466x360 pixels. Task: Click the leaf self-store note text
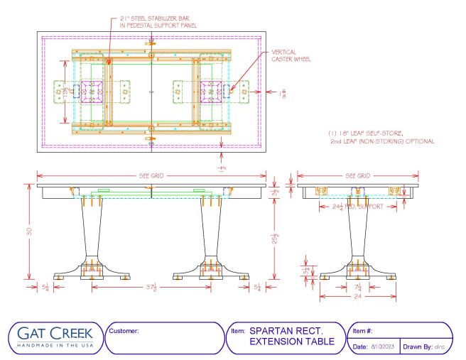coord(381,138)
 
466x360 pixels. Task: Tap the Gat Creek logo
coord(54,336)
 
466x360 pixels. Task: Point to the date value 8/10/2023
coord(386,346)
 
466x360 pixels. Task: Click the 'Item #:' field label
coord(363,331)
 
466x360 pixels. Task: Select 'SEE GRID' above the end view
coord(358,175)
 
